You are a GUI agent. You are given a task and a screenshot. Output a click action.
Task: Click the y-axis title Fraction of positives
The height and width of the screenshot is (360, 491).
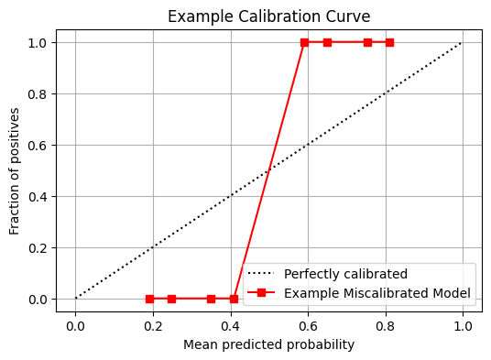(15, 170)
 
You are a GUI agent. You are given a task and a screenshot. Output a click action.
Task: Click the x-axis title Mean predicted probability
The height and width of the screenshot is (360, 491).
(269, 344)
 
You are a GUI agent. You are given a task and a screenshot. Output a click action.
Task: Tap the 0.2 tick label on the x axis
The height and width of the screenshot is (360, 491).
(153, 323)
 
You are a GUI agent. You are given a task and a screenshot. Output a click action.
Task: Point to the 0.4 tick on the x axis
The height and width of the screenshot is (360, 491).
(231, 323)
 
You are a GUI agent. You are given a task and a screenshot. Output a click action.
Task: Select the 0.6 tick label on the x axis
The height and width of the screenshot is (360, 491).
(308, 323)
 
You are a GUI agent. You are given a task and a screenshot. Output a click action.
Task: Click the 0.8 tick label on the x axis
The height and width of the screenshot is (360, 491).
(386, 323)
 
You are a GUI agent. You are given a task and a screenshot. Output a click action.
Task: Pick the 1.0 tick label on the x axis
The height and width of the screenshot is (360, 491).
(463, 323)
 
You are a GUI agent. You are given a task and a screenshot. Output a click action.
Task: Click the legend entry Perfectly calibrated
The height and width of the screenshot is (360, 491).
(345, 274)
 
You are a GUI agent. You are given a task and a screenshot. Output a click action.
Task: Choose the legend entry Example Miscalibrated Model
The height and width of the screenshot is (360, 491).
(376, 293)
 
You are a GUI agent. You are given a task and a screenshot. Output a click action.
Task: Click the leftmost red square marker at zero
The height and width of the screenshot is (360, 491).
(149, 299)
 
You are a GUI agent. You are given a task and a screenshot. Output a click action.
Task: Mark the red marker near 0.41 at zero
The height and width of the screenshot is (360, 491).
(234, 299)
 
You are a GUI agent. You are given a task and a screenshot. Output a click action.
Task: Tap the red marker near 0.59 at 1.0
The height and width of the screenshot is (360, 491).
(304, 42)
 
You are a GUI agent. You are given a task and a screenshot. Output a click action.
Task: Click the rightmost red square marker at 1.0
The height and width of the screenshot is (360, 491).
(389, 42)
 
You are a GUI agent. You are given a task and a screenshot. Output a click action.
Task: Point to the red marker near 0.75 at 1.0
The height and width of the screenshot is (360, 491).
(367, 42)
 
